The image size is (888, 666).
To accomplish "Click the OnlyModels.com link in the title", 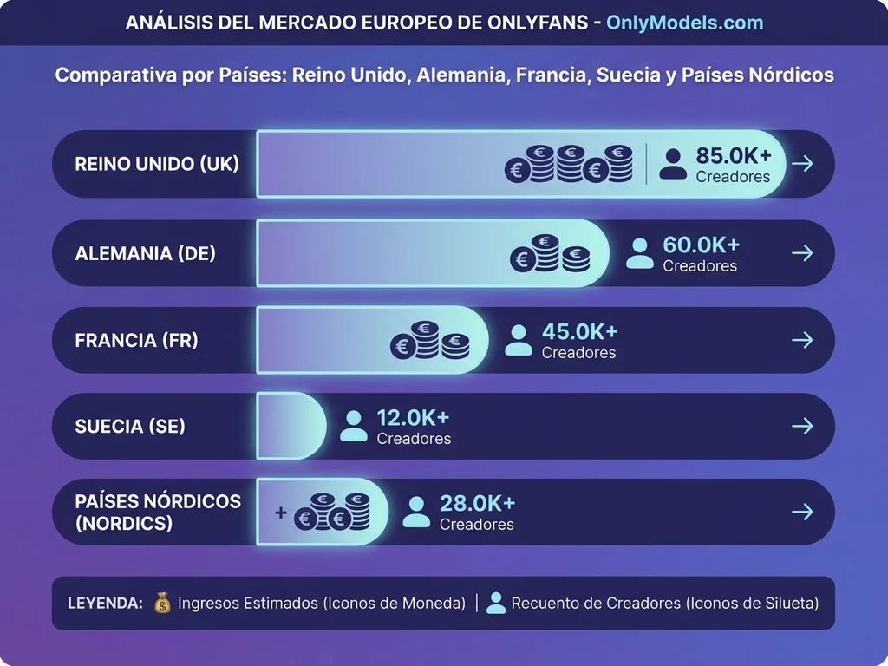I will click(x=684, y=23).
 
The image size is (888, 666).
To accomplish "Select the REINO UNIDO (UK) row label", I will click(x=157, y=164).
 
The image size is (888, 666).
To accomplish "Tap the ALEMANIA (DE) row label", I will click(x=146, y=253).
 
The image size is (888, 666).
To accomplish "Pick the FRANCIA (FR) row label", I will click(x=137, y=340).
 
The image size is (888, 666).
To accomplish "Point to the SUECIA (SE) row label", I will click(x=130, y=426).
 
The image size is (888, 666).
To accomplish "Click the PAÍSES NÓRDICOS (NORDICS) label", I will click(x=158, y=513).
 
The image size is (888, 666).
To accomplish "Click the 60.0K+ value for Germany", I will click(x=701, y=245).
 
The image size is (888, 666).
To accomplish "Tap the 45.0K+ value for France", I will click(x=579, y=332).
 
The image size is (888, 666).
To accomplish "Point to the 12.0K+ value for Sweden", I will click(x=413, y=418).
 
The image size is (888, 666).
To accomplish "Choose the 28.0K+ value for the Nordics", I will click(x=477, y=504).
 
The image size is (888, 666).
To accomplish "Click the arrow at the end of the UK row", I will click(x=803, y=164).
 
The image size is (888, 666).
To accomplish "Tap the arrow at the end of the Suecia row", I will click(x=803, y=426).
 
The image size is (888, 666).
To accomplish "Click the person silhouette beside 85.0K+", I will click(x=673, y=164).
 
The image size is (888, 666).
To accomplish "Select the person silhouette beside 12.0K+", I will click(x=354, y=426).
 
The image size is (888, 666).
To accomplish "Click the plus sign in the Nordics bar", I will click(x=280, y=513).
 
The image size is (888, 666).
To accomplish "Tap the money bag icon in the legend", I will click(x=162, y=603).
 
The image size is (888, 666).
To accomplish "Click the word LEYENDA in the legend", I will click(x=105, y=603).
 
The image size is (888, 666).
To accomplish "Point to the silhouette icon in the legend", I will click(x=496, y=603).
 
